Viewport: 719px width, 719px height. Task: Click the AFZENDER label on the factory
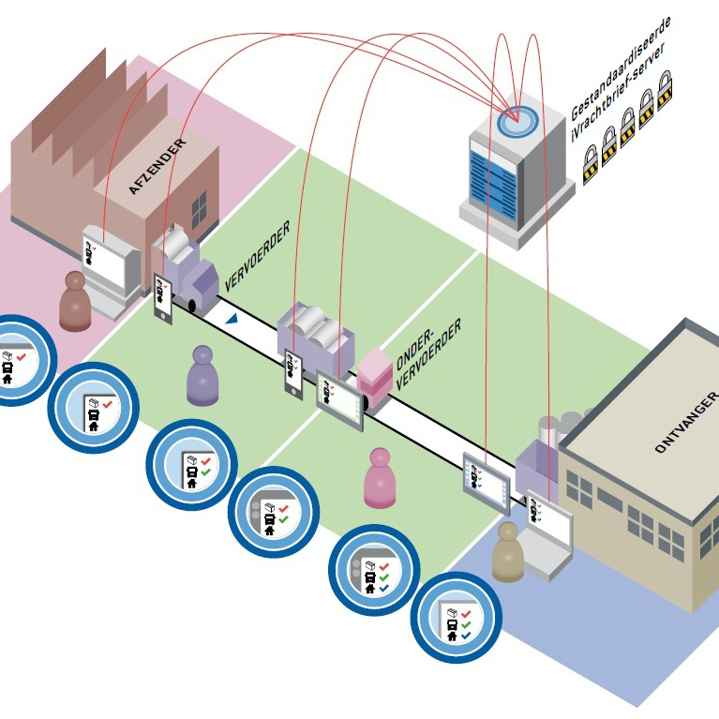point(157,167)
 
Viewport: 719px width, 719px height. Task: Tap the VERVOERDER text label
point(258,255)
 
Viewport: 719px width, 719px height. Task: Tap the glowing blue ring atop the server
point(513,119)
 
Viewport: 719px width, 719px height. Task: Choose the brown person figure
point(74,301)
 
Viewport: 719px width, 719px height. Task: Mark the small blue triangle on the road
point(231,320)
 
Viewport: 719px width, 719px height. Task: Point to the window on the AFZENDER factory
point(199,208)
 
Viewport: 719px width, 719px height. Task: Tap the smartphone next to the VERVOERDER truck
point(163,298)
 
